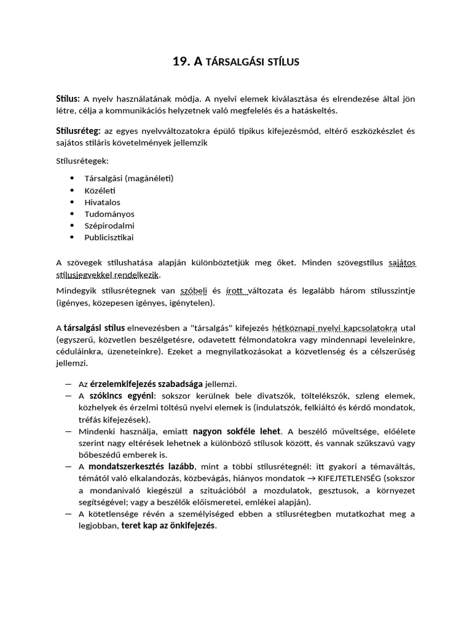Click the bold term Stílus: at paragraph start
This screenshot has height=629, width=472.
coord(68,98)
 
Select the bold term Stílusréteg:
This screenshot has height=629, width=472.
coord(78,130)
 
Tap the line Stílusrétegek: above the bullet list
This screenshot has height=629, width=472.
coord(82,161)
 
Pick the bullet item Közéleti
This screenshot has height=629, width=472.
coord(100,190)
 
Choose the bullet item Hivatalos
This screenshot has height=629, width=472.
coord(103,202)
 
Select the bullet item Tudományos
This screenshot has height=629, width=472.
coord(109,214)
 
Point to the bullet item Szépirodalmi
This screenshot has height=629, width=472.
coord(109,225)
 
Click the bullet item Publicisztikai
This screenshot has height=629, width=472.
coord(109,237)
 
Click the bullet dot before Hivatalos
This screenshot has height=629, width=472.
coord(72,202)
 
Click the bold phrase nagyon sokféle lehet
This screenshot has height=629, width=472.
coord(237,431)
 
